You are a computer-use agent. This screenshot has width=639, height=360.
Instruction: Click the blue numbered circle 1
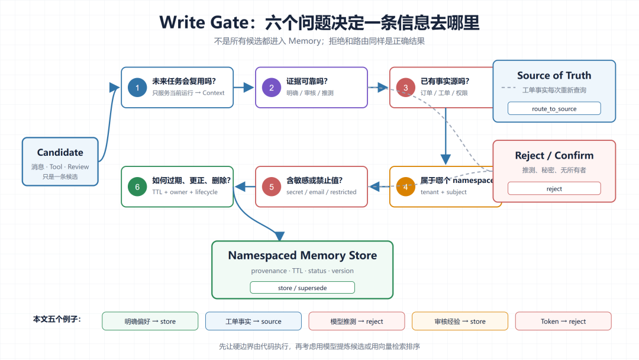(137, 88)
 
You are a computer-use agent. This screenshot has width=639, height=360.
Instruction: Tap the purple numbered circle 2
(272, 88)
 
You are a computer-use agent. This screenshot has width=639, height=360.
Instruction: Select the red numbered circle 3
(405, 88)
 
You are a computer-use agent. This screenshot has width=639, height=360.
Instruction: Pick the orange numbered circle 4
(405, 187)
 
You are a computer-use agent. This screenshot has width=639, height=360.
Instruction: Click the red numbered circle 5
(272, 187)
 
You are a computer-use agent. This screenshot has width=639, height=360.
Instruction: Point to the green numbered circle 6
(137, 187)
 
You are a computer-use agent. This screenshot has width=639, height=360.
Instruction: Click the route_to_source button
(554, 108)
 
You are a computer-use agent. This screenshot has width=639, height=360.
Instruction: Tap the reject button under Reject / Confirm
(554, 188)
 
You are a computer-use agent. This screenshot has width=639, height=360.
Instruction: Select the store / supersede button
(302, 287)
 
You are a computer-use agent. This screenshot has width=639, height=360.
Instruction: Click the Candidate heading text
(60, 153)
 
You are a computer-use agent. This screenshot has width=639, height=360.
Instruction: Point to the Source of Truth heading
(554, 75)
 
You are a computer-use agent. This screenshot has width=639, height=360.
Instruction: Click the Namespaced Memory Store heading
(302, 255)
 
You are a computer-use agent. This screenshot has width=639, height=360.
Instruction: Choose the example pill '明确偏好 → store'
(150, 322)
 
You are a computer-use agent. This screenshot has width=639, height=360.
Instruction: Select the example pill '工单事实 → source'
(253, 322)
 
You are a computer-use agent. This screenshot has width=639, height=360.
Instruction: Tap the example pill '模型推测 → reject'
(357, 322)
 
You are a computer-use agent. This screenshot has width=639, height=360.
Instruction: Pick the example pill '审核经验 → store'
(460, 322)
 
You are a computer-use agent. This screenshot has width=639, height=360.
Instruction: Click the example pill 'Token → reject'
(563, 322)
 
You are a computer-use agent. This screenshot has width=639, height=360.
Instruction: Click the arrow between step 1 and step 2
(244, 87)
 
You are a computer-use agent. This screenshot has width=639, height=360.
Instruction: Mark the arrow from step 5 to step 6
(246, 187)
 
